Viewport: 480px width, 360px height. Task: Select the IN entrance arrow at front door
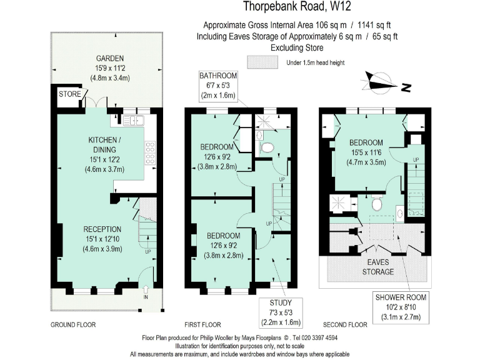(x=146, y=290)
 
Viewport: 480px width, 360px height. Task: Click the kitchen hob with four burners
(x=150, y=154)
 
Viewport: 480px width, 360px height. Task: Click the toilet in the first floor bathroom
(x=267, y=147)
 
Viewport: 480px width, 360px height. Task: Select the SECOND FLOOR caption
(x=345, y=325)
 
